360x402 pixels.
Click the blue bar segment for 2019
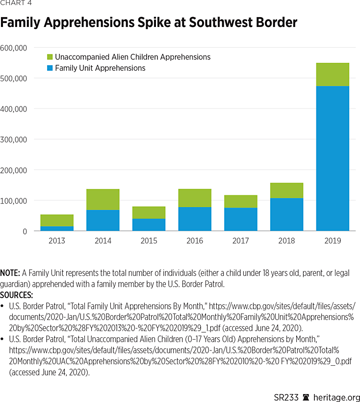pyautogui.click(x=333, y=158)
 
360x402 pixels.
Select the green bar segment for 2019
pyautogui.click(x=333, y=75)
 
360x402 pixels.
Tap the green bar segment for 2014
pyautogui.click(x=103, y=199)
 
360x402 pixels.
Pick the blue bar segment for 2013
pyautogui.click(x=57, y=228)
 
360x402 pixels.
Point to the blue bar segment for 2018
pyautogui.click(x=286, y=214)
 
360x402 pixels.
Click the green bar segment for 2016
pyautogui.click(x=195, y=198)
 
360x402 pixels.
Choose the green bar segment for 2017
pyautogui.click(x=240, y=201)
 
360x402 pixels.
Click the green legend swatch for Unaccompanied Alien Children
pyautogui.click(x=50, y=57)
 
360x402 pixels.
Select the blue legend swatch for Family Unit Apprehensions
pyautogui.click(x=50, y=68)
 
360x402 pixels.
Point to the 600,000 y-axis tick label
pyautogui.click(x=21, y=48)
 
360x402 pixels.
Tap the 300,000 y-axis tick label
pyautogui.click(x=21, y=139)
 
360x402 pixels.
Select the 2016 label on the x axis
pyautogui.click(x=195, y=241)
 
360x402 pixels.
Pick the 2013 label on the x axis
pyautogui.click(x=57, y=241)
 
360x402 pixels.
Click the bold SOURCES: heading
pyautogui.click(x=17, y=295)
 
